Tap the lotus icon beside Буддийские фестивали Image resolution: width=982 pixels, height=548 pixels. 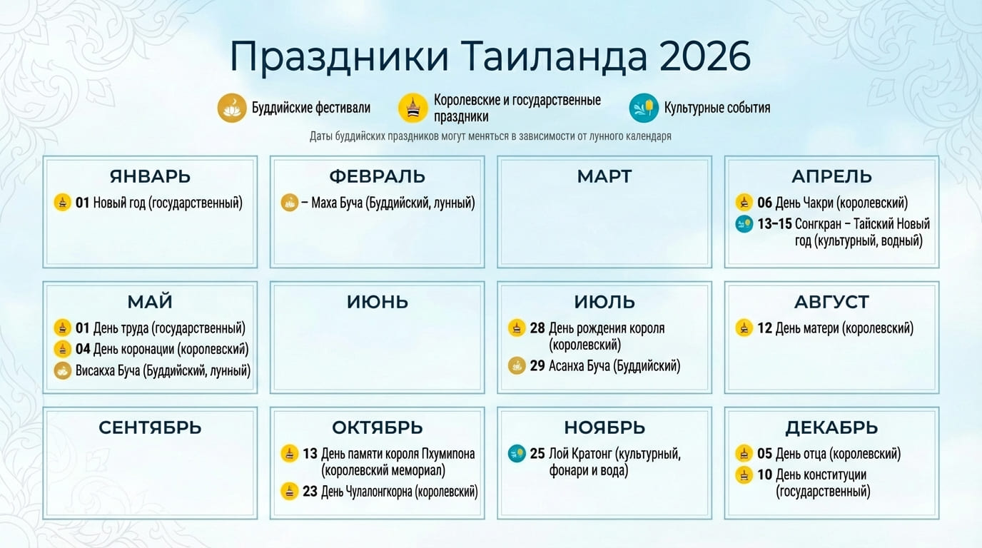click(x=232, y=108)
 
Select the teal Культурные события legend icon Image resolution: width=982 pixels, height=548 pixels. click(x=644, y=108)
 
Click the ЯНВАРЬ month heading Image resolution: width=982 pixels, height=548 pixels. click(x=150, y=176)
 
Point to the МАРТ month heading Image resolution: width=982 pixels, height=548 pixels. click(x=604, y=176)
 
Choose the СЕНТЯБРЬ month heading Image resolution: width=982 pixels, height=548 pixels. click(x=150, y=427)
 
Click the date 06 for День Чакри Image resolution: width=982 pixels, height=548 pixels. click(x=764, y=203)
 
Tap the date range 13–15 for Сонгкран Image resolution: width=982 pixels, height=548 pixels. click(x=774, y=224)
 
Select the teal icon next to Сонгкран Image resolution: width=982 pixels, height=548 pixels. click(x=744, y=224)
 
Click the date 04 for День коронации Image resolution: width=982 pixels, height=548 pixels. click(x=82, y=349)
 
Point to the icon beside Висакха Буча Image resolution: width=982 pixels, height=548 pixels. click(x=62, y=370)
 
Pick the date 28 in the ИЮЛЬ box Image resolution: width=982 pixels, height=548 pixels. click(x=537, y=328)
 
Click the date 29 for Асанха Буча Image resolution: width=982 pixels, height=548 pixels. click(x=537, y=365)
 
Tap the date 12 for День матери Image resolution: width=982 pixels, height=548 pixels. click(x=764, y=328)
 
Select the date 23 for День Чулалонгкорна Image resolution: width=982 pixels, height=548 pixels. click(x=310, y=492)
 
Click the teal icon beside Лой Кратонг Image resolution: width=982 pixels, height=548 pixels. click(x=517, y=454)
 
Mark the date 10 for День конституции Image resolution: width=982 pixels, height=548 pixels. click(x=764, y=475)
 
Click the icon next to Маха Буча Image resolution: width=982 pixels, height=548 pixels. click(x=289, y=203)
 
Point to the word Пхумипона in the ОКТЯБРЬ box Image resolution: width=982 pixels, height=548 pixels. click(x=448, y=454)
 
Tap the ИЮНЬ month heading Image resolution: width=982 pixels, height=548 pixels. click(x=378, y=302)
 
